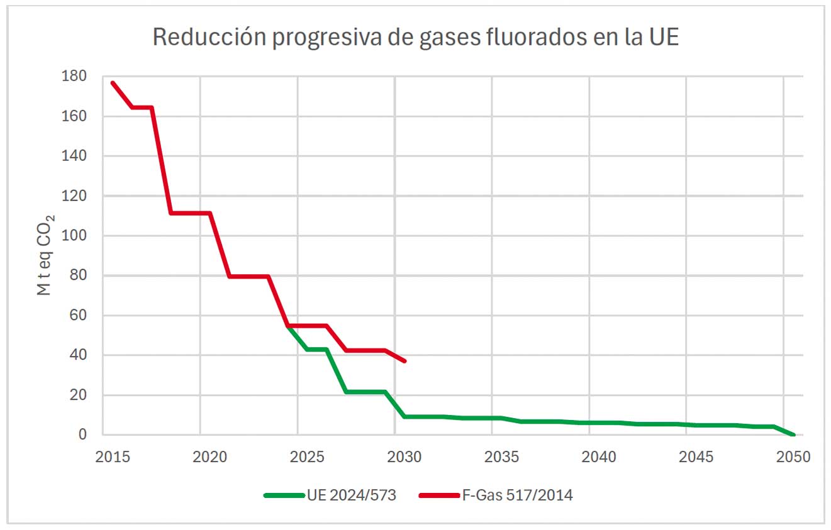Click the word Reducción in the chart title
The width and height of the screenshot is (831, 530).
(199, 38)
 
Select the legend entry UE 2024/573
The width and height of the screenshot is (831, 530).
(351, 495)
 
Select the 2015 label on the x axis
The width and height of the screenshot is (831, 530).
(113, 457)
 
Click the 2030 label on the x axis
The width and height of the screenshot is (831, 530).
(404, 457)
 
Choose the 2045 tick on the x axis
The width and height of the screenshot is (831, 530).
(696, 457)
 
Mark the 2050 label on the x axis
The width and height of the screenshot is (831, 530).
(793, 457)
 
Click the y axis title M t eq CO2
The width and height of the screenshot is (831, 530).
(45, 255)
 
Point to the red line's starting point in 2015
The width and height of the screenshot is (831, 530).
(113, 82)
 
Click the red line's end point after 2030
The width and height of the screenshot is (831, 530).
(404, 361)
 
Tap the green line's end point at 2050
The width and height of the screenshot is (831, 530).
(793, 434)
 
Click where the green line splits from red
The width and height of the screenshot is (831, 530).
(288, 326)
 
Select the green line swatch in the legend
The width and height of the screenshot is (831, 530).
(283, 495)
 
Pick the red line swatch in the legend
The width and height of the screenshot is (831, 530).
(438, 495)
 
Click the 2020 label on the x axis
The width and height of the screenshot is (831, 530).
(209, 457)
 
